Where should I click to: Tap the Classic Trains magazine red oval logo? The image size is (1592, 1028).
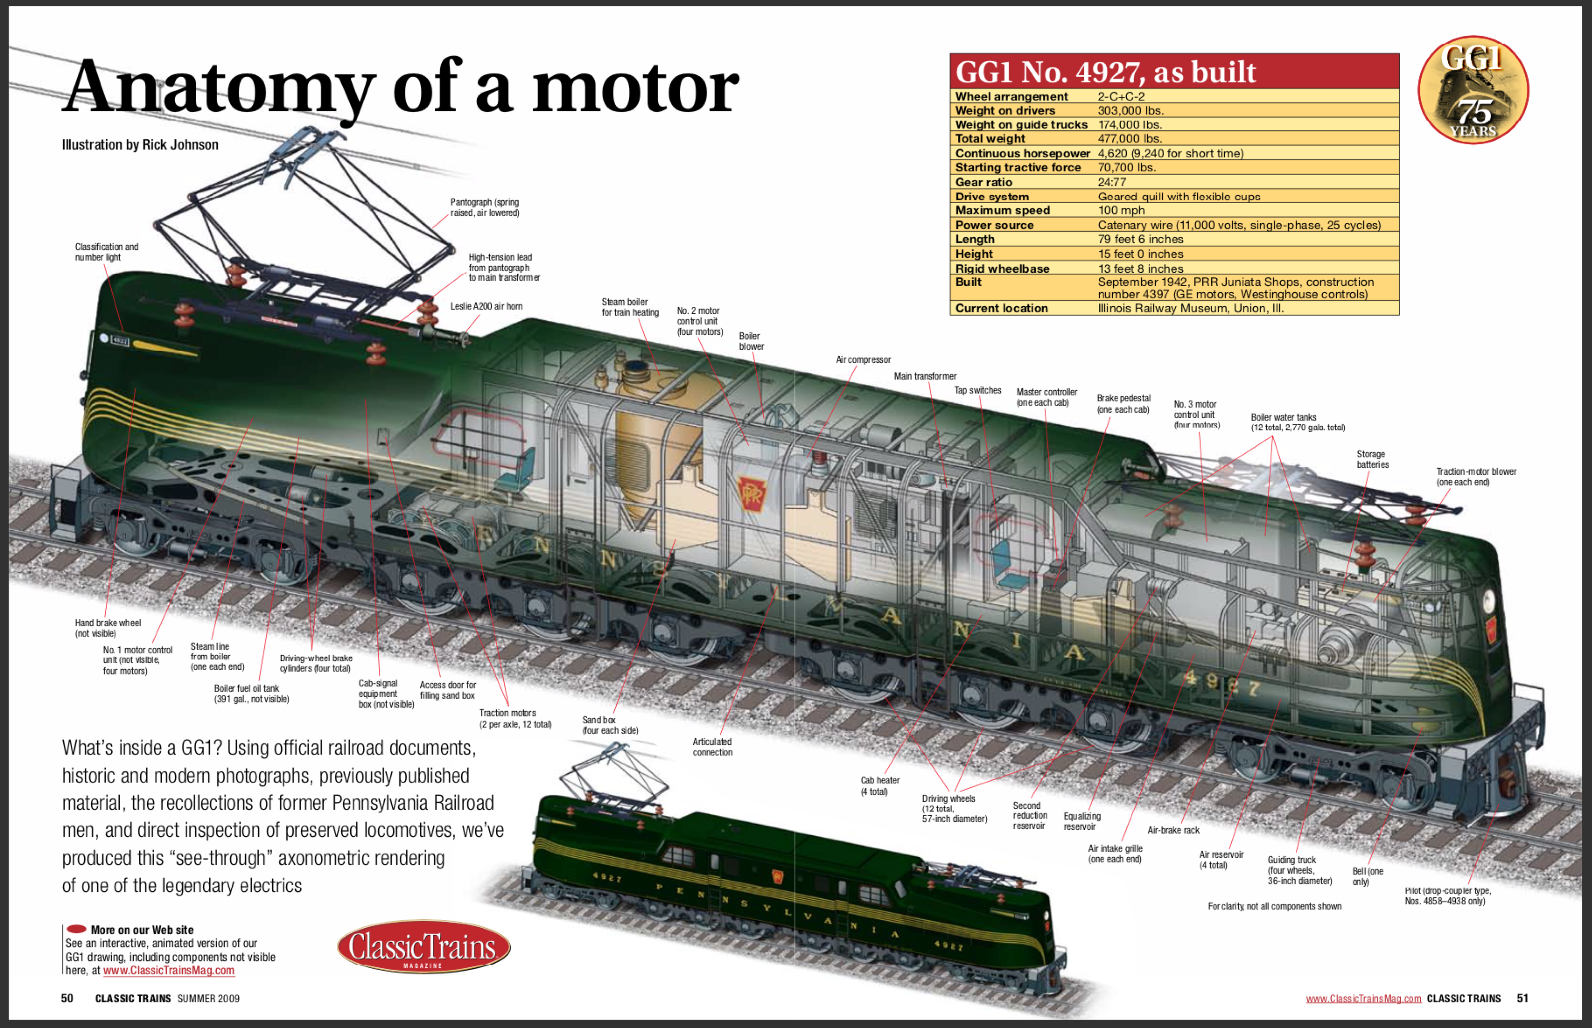coord(423,946)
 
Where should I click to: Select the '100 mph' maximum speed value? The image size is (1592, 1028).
coord(1121,210)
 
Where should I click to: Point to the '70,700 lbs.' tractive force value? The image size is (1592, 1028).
coord(1126,167)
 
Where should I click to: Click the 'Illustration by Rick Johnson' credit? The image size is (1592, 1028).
coord(140,145)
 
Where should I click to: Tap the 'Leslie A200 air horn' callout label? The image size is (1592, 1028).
coord(486,306)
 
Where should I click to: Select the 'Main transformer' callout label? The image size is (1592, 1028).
coord(925,376)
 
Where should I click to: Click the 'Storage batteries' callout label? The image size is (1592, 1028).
coord(1372,459)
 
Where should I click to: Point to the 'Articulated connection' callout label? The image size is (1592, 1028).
coord(712,747)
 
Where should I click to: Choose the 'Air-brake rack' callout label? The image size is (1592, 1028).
coord(1173,830)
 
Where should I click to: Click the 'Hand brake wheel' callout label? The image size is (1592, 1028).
coord(108,628)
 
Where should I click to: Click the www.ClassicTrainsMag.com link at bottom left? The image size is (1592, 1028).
coord(169,971)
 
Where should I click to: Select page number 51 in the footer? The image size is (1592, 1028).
coord(1523,999)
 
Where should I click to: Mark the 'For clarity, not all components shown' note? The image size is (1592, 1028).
coord(1274,906)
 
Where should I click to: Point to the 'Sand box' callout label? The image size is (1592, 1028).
coord(609,725)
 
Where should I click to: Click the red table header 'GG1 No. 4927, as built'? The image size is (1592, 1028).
coord(1106,71)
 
